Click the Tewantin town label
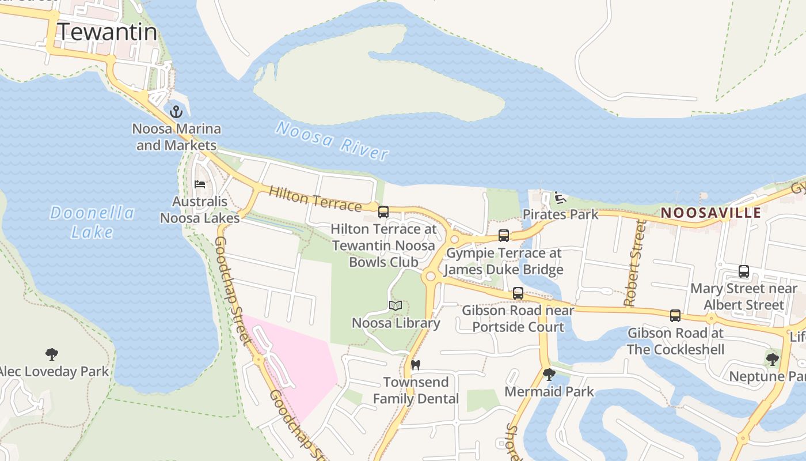click(x=108, y=32)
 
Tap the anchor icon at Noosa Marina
click(x=177, y=111)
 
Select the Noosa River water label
click(x=332, y=140)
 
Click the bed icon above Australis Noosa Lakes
click(x=200, y=184)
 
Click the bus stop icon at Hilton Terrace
click(x=383, y=212)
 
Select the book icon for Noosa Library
click(x=396, y=305)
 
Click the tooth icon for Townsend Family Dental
click(x=416, y=365)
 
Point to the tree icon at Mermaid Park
click(x=549, y=375)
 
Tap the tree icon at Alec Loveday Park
click(x=52, y=354)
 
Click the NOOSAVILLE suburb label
click(x=710, y=213)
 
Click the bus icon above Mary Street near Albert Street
click(x=744, y=271)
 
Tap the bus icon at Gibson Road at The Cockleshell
click(x=675, y=316)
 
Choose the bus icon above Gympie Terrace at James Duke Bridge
click(x=504, y=236)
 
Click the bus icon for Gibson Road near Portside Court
click(x=518, y=293)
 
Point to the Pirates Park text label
click(x=560, y=215)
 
